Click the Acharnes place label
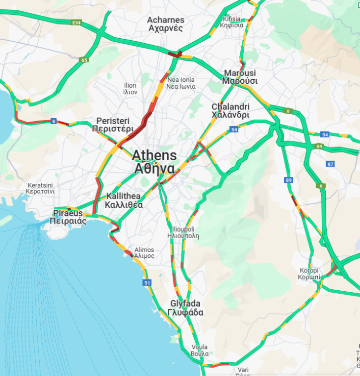tap(166, 24)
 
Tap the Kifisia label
tap(232, 22)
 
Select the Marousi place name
tap(240, 77)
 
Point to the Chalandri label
tap(231, 111)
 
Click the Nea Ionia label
tap(180, 83)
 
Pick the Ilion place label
tap(130, 89)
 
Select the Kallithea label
tap(124, 201)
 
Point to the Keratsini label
tap(41, 188)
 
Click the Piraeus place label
tap(68, 217)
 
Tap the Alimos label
tap(144, 252)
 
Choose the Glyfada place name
tap(185, 308)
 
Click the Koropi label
tap(309, 274)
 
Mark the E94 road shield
tap(76, 23)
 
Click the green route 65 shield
tap(84, 60)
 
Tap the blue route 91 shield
tap(147, 283)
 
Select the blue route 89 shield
tap(288, 180)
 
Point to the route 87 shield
tap(330, 164)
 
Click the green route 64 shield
tap(319, 146)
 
